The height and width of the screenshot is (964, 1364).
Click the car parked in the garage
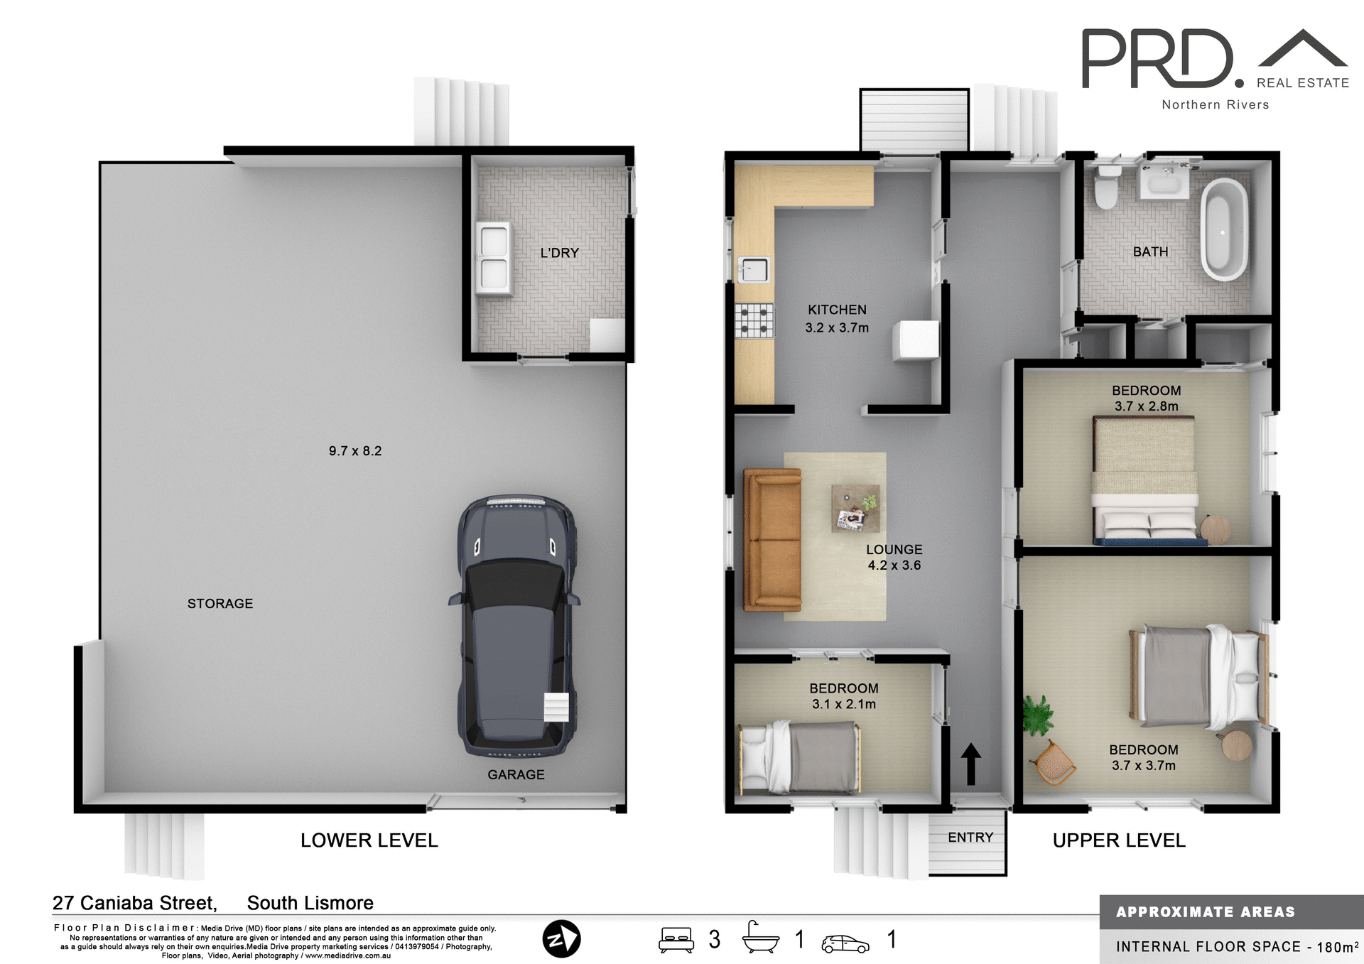[x=515, y=625]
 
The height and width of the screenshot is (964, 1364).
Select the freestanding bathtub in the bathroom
[x=1223, y=229]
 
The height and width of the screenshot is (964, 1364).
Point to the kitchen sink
[x=754, y=270]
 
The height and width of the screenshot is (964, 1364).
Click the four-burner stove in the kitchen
[x=754, y=320]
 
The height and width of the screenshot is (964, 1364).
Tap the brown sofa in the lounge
[x=772, y=539]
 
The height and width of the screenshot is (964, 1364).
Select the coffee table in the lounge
[x=856, y=508]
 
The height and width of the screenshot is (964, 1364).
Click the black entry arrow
[x=970, y=764]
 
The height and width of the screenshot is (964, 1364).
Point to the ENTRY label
[x=970, y=838]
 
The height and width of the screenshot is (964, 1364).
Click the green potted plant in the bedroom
[x=1037, y=714]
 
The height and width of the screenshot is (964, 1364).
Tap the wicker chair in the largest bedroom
[x=1054, y=763]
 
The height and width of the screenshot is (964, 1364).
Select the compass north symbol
[x=561, y=939]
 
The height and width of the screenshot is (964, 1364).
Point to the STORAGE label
[x=220, y=604]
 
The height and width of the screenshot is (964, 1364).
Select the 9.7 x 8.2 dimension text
[x=355, y=451]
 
